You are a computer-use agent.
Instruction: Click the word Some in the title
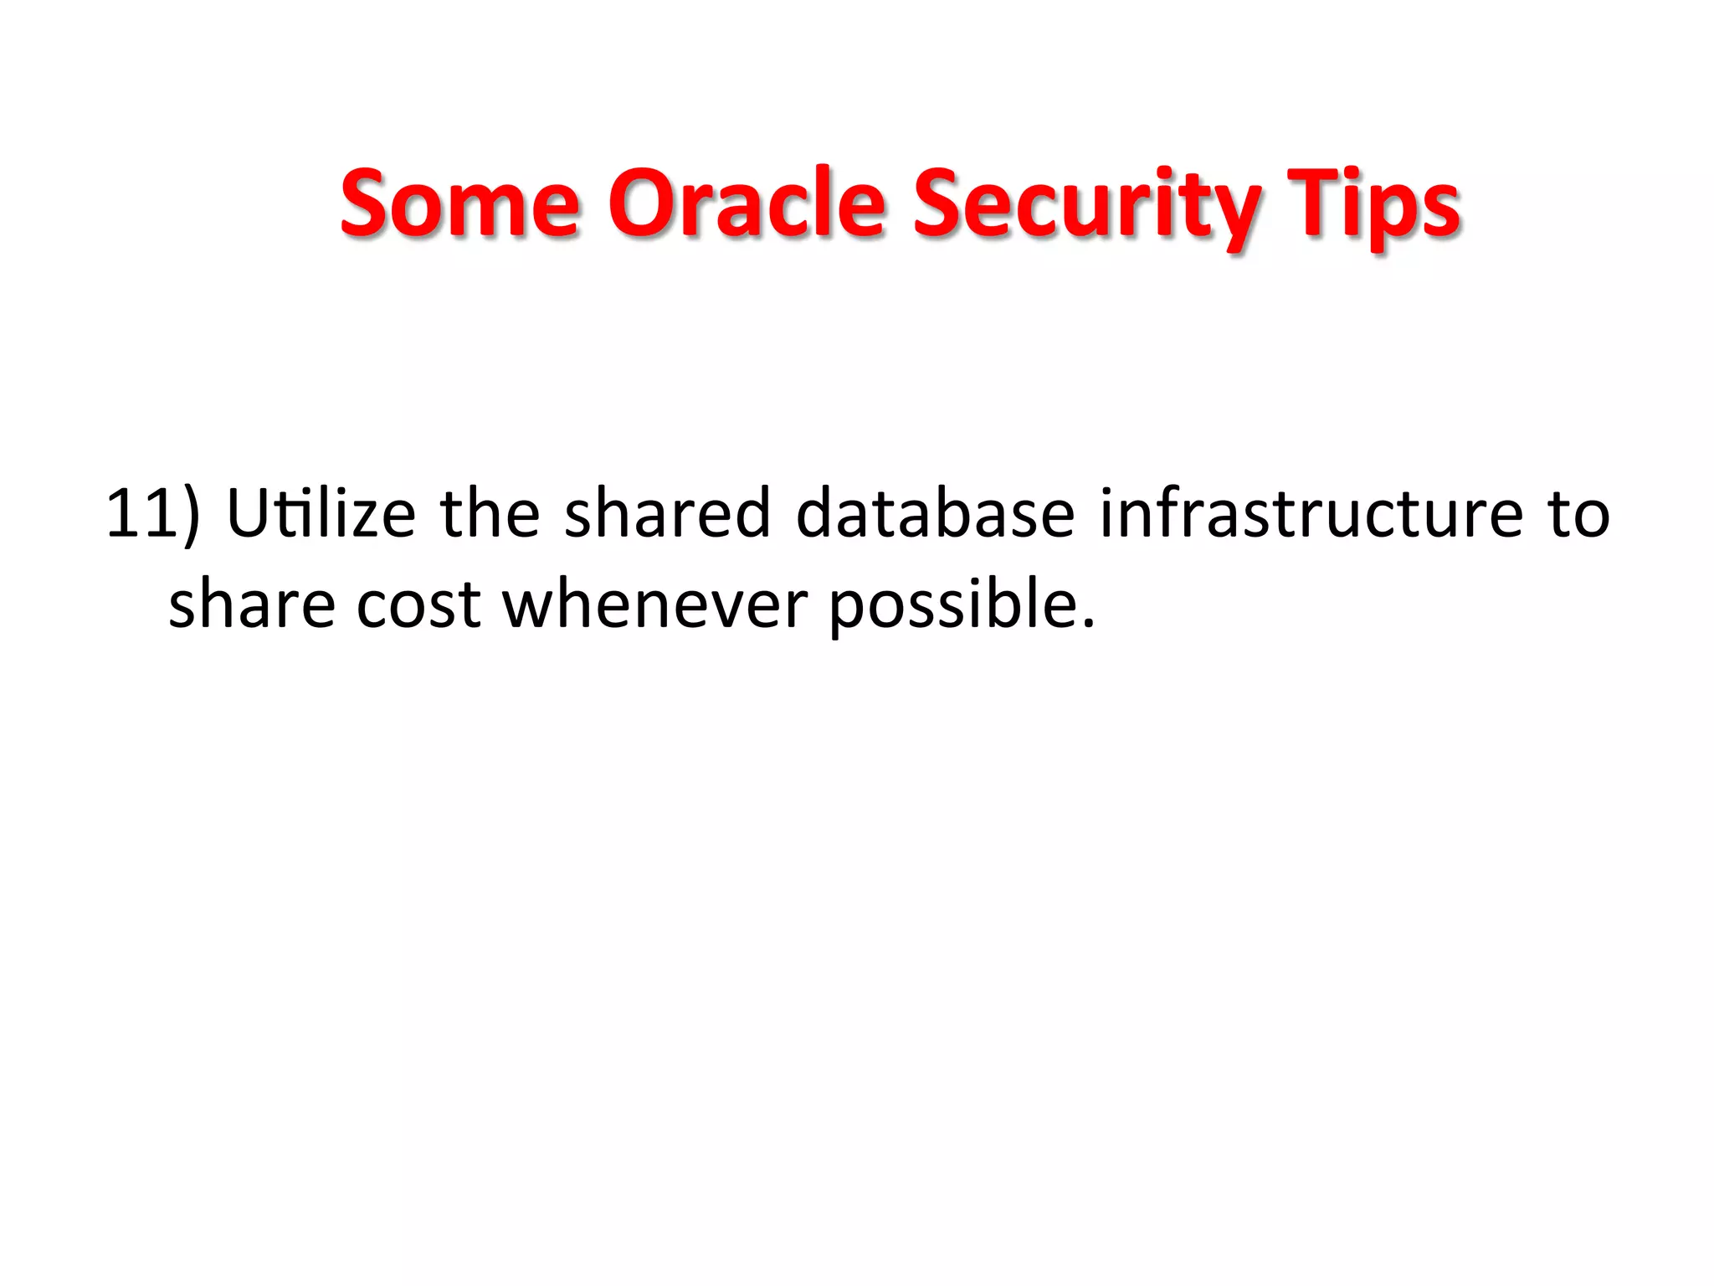click(x=459, y=203)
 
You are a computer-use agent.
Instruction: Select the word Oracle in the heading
click(x=746, y=203)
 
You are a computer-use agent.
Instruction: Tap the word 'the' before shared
click(x=490, y=512)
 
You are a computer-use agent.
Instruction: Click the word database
click(x=935, y=512)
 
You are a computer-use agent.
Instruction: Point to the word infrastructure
click(x=1311, y=512)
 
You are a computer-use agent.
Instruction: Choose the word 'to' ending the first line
click(x=1578, y=514)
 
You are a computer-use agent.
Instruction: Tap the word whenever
click(x=655, y=604)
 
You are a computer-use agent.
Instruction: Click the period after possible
click(x=1087, y=625)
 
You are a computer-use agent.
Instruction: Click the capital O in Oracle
click(x=641, y=203)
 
